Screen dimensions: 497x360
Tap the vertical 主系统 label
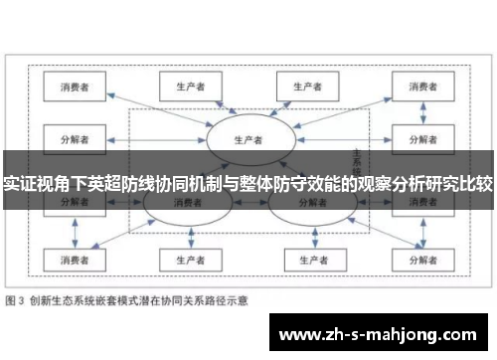(x=355, y=159)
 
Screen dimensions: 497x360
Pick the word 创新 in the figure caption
(x=42, y=299)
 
